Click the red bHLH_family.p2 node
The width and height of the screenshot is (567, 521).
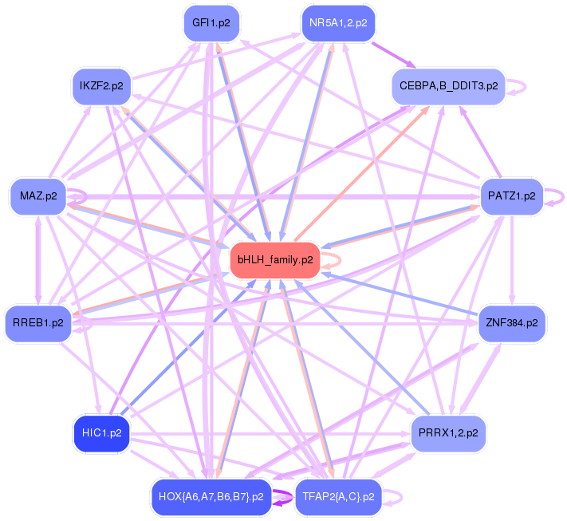pos(275,260)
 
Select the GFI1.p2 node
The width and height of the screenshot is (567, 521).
pos(211,23)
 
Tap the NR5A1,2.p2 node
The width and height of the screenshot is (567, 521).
pos(338,23)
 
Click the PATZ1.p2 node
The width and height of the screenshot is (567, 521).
pos(511,195)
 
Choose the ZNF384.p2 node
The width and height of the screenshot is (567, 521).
pos(511,324)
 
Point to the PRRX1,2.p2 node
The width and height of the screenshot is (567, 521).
pos(448,433)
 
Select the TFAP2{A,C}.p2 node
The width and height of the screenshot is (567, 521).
pos(339,497)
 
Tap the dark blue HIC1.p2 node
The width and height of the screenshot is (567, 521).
pos(101,433)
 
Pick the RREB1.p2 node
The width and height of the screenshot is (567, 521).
pos(37,323)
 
